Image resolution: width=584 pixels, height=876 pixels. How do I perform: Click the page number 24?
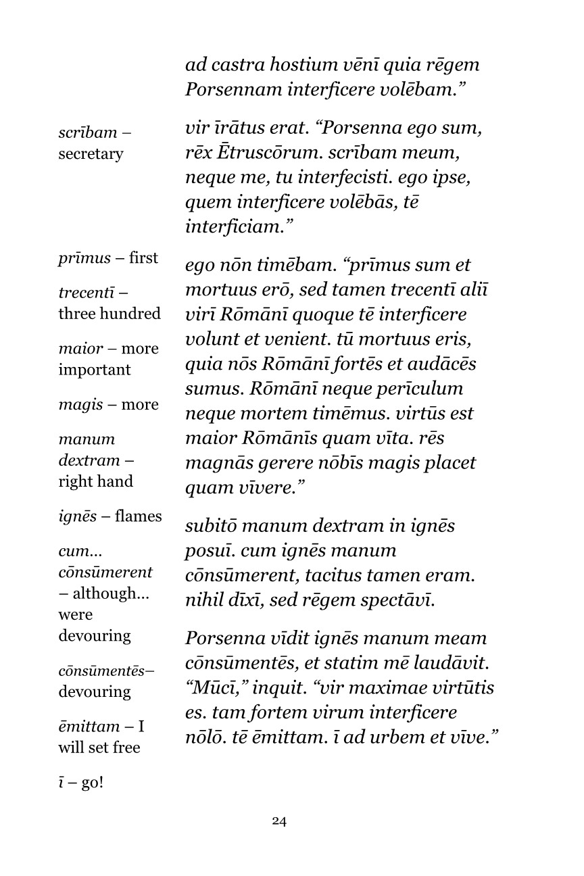coord(279,821)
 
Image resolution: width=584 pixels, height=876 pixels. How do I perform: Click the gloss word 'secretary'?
coord(91,154)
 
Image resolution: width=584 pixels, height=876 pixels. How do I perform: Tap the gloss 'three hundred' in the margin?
coord(109,314)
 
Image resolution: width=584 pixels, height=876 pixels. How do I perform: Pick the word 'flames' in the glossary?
coord(139,516)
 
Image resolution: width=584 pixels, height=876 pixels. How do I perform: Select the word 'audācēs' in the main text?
coord(443,364)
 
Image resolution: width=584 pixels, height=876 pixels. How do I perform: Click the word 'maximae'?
coord(373,688)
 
